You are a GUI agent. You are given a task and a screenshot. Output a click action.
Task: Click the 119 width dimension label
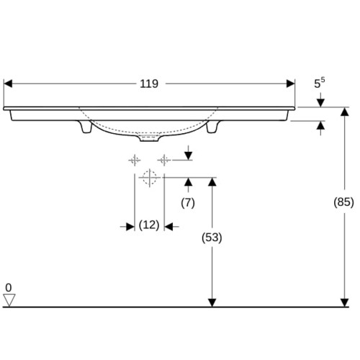[x=149, y=84]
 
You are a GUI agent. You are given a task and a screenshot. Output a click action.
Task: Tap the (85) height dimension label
[x=343, y=202]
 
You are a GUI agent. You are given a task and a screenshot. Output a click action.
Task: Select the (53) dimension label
[x=212, y=238]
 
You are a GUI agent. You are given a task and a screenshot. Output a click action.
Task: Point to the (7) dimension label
[x=188, y=203]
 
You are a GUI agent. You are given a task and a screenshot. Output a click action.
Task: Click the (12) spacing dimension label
[x=149, y=225]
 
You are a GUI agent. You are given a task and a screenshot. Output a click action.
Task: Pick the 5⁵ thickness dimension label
[x=320, y=83]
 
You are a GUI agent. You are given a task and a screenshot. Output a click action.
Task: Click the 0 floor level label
[x=9, y=287]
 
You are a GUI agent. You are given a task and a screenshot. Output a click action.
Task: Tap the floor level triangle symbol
[x=9, y=300]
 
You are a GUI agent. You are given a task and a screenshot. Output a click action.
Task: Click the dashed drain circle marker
[x=150, y=178]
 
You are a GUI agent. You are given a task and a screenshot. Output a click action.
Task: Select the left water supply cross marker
[x=135, y=160]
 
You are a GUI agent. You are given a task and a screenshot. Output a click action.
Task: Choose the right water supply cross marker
[x=164, y=160]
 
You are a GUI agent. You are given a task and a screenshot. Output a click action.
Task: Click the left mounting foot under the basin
[x=85, y=127]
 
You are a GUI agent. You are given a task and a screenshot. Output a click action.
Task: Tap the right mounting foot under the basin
[x=212, y=127]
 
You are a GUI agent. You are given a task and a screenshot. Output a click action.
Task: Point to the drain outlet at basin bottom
[x=149, y=138]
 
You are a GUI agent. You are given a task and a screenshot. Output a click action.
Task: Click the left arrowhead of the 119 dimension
[x=8, y=84]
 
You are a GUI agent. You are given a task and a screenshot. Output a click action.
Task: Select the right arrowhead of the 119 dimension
[x=290, y=84]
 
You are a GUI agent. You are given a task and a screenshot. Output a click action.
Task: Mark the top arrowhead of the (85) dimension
[x=345, y=112]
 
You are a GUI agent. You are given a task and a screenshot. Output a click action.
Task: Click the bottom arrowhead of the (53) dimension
[x=212, y=302]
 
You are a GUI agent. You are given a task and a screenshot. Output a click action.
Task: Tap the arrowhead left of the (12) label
[x=130, y=227]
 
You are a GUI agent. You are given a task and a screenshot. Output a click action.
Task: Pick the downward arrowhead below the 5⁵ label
[x=320, y=103]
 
